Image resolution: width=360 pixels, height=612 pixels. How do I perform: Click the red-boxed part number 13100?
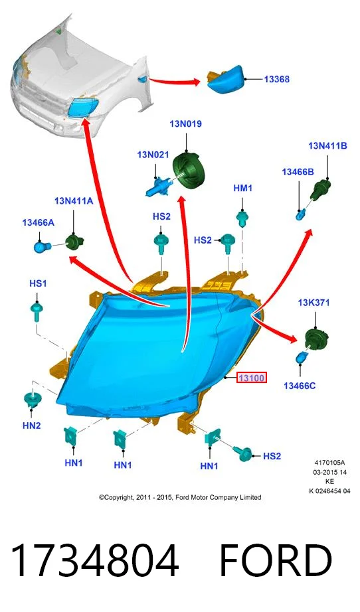click(x=252, y=378)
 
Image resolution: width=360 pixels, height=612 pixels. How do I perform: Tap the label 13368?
click(x=277, y=79)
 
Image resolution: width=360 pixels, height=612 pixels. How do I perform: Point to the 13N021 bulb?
click(x=158, y=185)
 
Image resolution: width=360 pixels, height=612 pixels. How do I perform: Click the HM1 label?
click(x=243, y=189)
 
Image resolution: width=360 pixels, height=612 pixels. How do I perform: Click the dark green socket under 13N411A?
click(x=74, y=242)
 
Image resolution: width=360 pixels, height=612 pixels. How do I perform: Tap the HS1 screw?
click(x=37, y=312)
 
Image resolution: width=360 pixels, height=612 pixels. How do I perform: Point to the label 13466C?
click(x=300, y=386)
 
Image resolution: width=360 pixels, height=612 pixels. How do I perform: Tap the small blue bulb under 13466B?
click(x=301, y=214)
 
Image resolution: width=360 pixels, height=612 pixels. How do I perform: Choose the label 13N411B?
click(x=327, y=146)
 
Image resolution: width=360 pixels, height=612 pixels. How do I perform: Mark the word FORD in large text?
click(x=276, y=562)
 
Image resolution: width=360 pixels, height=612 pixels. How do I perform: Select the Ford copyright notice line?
click(x=180, y=498)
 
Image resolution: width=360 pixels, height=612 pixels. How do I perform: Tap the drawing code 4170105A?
click(x=329, y=463)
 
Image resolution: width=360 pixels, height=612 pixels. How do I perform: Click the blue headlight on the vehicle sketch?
click(x=84, y=107)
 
